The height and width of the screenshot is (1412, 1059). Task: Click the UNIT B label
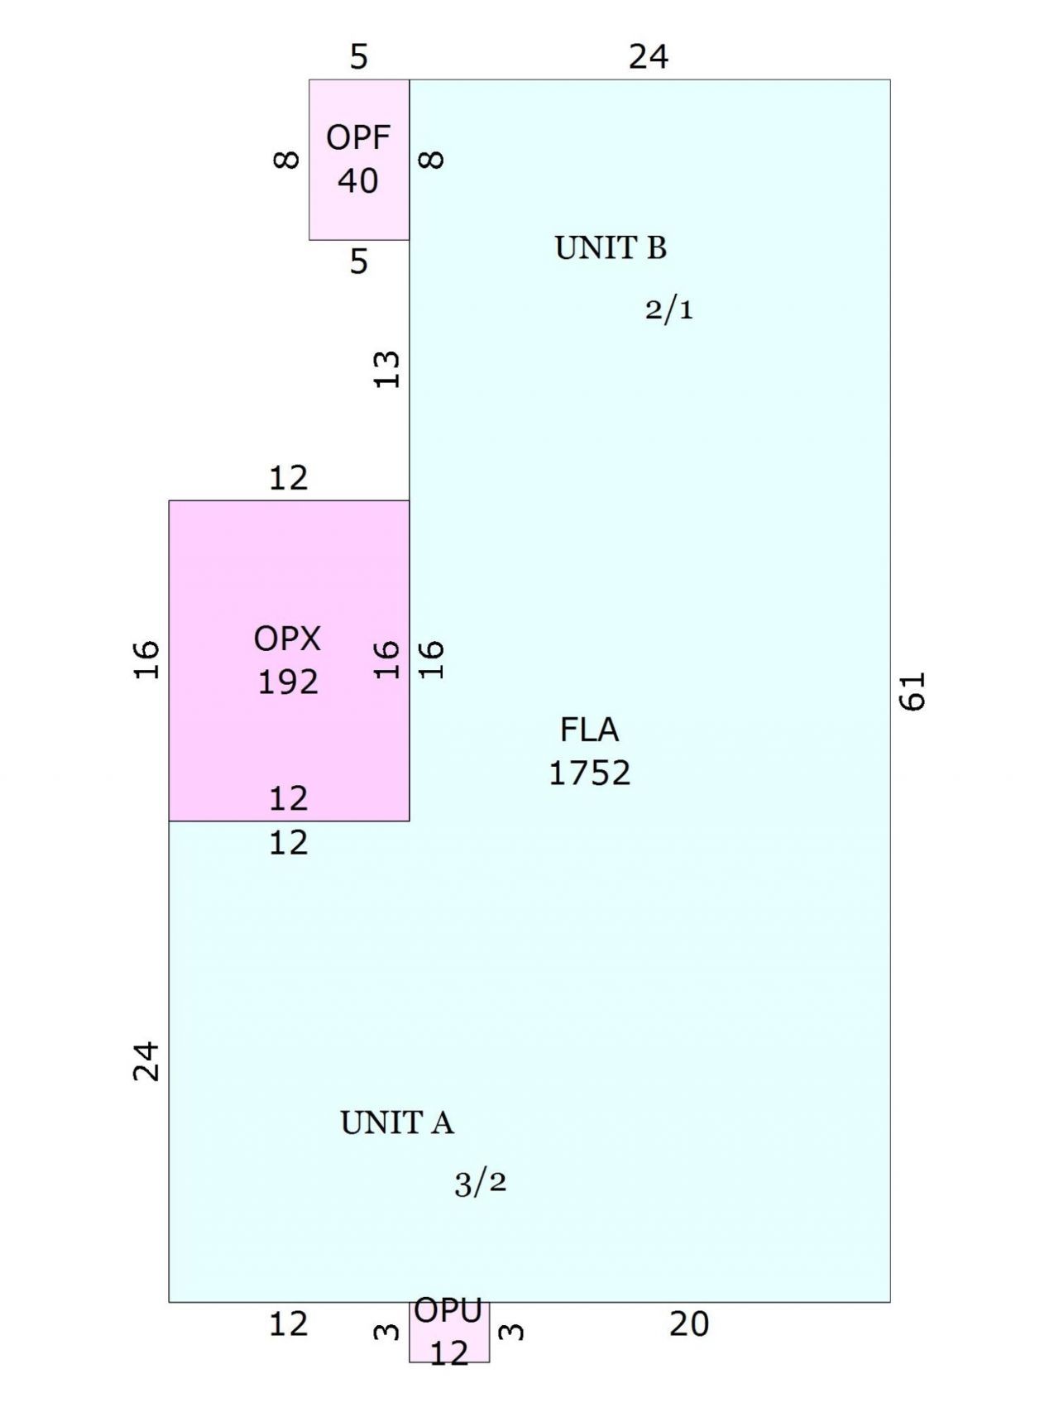click(611, 248)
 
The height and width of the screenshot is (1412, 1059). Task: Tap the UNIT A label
click(397, 1122)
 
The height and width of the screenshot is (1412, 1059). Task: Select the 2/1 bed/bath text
click(669, 309)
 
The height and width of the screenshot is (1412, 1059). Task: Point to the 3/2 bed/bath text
click(480, 1184)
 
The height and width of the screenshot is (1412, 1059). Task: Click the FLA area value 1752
click(590, 773)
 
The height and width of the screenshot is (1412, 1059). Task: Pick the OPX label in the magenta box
click(287, 639)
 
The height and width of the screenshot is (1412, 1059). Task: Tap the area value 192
click(288, 682)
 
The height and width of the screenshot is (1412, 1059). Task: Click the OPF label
click(358, 137)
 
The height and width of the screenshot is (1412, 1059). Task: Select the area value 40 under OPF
click(358, 180)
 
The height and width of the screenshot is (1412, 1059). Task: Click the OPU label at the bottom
click(448, 1310)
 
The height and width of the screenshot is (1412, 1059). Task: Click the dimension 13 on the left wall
click(386, 369)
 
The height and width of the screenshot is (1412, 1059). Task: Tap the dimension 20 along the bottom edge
click(689, 1324)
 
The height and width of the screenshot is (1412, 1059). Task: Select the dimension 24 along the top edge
click(649, 56)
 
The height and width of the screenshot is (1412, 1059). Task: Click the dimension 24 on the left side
click(146, 1061)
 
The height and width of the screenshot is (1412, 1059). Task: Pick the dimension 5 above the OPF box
click(358, 57)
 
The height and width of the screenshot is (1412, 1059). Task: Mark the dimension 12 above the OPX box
click(289, 477)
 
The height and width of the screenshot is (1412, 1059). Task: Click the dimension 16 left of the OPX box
click(146, 659)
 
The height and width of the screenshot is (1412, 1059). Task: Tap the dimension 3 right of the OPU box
click(513, 1332)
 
